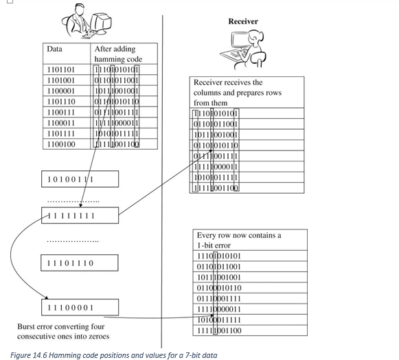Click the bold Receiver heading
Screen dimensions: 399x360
pyautogui.click(x=242, y=21)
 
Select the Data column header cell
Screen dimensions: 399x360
pyautogui.click(x=54, y=49)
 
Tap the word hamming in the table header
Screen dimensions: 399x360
pyautogui.click(x=107, y=59)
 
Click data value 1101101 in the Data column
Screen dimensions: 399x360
pyautogui.click(x=61, y=69)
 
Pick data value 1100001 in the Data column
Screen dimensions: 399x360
pyautogui.click(x=61, y=91)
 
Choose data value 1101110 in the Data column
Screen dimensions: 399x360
pyautogui.click(x=61, y=101)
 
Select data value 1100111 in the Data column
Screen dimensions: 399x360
pyautogui.click(x=61, y=112)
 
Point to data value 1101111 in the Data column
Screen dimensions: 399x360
pyautogui.click(x=61, y=133)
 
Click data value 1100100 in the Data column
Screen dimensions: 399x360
pyautogui.click(x=61, y=144)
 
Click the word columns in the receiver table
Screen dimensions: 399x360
pyautogui.click(x=208, y=93)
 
